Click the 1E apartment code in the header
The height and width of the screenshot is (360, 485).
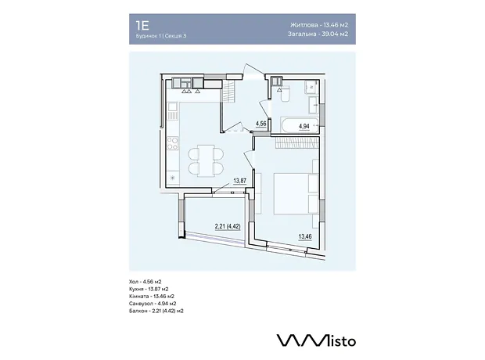click(142, 25)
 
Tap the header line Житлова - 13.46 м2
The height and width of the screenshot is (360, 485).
click(319, 25)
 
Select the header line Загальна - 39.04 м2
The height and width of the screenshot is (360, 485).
click(318, 34)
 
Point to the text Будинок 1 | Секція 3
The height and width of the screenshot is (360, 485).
click(161, 35)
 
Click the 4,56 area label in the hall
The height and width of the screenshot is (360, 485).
click(260, 124)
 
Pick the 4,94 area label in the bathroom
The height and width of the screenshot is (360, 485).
click(304, 126)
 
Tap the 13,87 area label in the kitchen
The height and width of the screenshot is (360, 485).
click(239, 181)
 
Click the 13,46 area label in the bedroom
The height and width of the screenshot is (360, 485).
click(305, 237)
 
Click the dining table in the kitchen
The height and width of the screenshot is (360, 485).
click(206, 160)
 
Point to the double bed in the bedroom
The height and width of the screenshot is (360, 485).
click(296, 193)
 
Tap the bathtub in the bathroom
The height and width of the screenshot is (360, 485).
click(299, 125)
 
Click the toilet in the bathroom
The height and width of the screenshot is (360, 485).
click(285, 95)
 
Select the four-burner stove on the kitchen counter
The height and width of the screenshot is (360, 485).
click(173, 143)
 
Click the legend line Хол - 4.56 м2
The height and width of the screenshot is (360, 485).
click(145, 282)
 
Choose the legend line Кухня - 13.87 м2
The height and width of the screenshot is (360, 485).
click(149, 289)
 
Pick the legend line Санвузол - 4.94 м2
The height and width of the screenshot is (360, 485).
click(153, 304)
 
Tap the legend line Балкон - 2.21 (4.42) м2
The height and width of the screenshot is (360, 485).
click(156, 311)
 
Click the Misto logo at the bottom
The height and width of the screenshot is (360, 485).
click(316, 340)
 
